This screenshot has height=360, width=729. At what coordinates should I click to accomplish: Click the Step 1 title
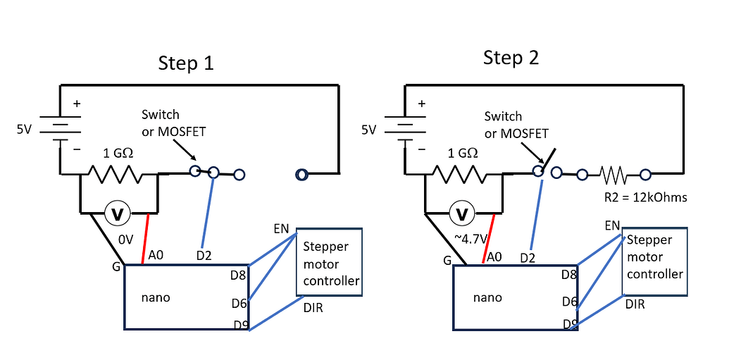click(x=185, y=63)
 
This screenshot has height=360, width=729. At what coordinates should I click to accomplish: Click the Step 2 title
click(x=511, y=58)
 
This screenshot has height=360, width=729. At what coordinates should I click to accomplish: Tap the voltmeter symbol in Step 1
click(x=118, y=212)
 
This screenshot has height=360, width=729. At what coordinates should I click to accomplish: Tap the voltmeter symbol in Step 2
click(x=463, y=213)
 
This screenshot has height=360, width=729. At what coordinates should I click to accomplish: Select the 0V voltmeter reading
click(x=126, y=240)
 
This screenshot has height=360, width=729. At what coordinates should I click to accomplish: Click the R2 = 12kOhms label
click(x=645, y=197)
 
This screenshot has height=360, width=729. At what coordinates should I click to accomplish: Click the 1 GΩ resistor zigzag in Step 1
click(x=118, y=173)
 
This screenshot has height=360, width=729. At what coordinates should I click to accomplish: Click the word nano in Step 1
click(x=155, y=297)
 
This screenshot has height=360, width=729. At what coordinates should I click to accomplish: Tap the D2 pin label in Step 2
click(x=528, y=258)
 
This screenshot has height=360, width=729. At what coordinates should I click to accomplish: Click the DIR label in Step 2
click(x=635, y=304)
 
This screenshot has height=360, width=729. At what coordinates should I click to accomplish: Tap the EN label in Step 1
click(x=282, y=229)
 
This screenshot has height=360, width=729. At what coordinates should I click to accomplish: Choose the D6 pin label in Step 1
click(x=239, y=303)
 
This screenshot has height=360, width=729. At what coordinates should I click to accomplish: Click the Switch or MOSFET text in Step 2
click(x=516, y=125)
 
